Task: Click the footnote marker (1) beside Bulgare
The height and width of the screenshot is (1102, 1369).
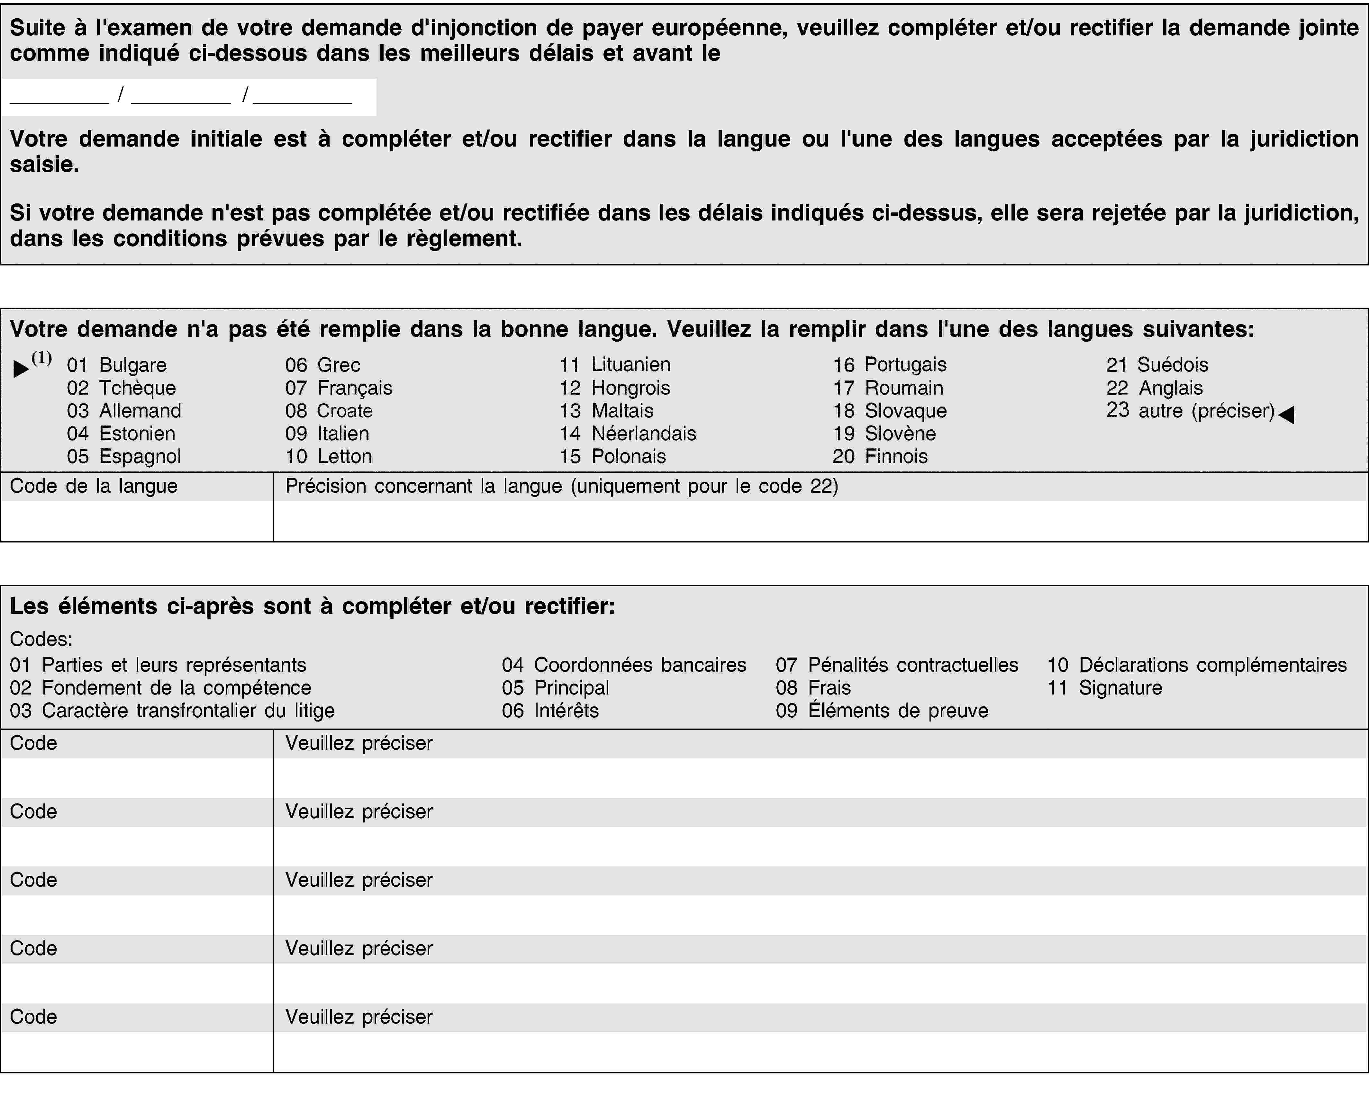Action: click(x=42, y=358)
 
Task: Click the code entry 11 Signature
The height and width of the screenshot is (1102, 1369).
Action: click(x=1104, y=687)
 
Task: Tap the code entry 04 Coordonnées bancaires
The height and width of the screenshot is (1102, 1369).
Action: click(x=623, y=665)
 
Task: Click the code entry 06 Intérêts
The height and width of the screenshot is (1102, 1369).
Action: click(x=550, y=710)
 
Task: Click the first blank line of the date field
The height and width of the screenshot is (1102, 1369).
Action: click(x=60, y=96)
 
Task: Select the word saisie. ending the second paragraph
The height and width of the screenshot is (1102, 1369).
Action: click(x=44, y=165)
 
